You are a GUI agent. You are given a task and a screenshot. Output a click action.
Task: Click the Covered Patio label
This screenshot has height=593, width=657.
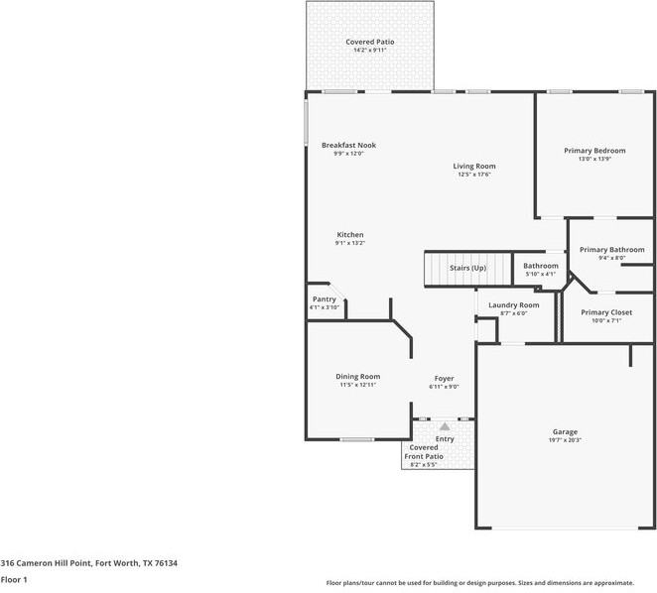click(369, 42)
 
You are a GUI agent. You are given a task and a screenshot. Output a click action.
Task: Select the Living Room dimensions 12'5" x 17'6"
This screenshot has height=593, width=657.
click(474, 175)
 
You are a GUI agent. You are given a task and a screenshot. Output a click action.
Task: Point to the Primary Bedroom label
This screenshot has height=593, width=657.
click(594, 151)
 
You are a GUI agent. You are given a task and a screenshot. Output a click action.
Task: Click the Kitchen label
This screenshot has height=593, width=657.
click(349, 235)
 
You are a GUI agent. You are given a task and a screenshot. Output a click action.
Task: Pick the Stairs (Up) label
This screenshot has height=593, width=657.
click(467, 268)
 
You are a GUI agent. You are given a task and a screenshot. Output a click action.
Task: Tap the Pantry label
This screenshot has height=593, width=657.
click(324, 299)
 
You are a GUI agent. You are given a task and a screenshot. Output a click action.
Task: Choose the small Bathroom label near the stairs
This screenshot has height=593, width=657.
click(541, 266)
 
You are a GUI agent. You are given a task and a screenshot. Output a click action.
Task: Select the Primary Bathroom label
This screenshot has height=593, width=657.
click(611, 250)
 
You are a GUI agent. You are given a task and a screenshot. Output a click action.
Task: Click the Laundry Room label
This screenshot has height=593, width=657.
click(514, 304)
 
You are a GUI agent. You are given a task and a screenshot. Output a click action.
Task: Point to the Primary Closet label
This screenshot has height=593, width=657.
click(605, 312)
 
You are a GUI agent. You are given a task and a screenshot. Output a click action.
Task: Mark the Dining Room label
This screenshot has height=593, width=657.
click(357, 377)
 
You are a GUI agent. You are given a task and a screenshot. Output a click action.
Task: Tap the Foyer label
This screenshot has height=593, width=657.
click(444, 378)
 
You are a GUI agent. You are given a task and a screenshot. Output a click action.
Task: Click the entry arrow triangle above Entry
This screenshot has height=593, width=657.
click(444, 425)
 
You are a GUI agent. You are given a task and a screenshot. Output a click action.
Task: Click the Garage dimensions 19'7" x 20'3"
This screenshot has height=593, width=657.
click(565, 440)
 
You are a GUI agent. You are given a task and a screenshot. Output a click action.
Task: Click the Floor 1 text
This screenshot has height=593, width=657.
click(14, 579)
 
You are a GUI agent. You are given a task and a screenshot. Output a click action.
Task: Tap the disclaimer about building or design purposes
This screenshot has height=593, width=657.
click(480, 583)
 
